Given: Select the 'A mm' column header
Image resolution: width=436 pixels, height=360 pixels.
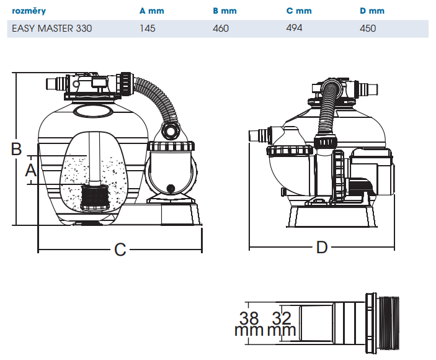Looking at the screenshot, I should (x=152, y=11).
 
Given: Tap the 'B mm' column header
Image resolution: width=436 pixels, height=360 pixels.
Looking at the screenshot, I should (x=225, y=11).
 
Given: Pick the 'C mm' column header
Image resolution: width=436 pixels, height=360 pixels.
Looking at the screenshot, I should (x=299, y=11).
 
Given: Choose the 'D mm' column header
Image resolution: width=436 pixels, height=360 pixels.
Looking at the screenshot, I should (x=372, y=11).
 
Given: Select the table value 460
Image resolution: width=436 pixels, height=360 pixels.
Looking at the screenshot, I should (x=221, y=29).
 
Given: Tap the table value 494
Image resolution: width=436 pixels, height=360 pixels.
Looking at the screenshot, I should (x=295, y=28).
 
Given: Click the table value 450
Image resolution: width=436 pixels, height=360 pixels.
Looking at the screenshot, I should (x=368, y=29).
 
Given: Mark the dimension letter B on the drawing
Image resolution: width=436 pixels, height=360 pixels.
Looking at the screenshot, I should (x=17, y=148).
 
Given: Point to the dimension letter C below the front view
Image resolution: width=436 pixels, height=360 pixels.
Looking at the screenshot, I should (x=120, y=250).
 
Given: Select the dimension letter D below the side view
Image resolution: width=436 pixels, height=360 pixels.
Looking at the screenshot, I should (x=321, y=247).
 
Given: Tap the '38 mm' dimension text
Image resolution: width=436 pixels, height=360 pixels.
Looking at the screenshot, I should (x=249, y=324).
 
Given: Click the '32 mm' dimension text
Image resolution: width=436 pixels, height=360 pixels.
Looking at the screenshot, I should (x=282, y=324).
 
